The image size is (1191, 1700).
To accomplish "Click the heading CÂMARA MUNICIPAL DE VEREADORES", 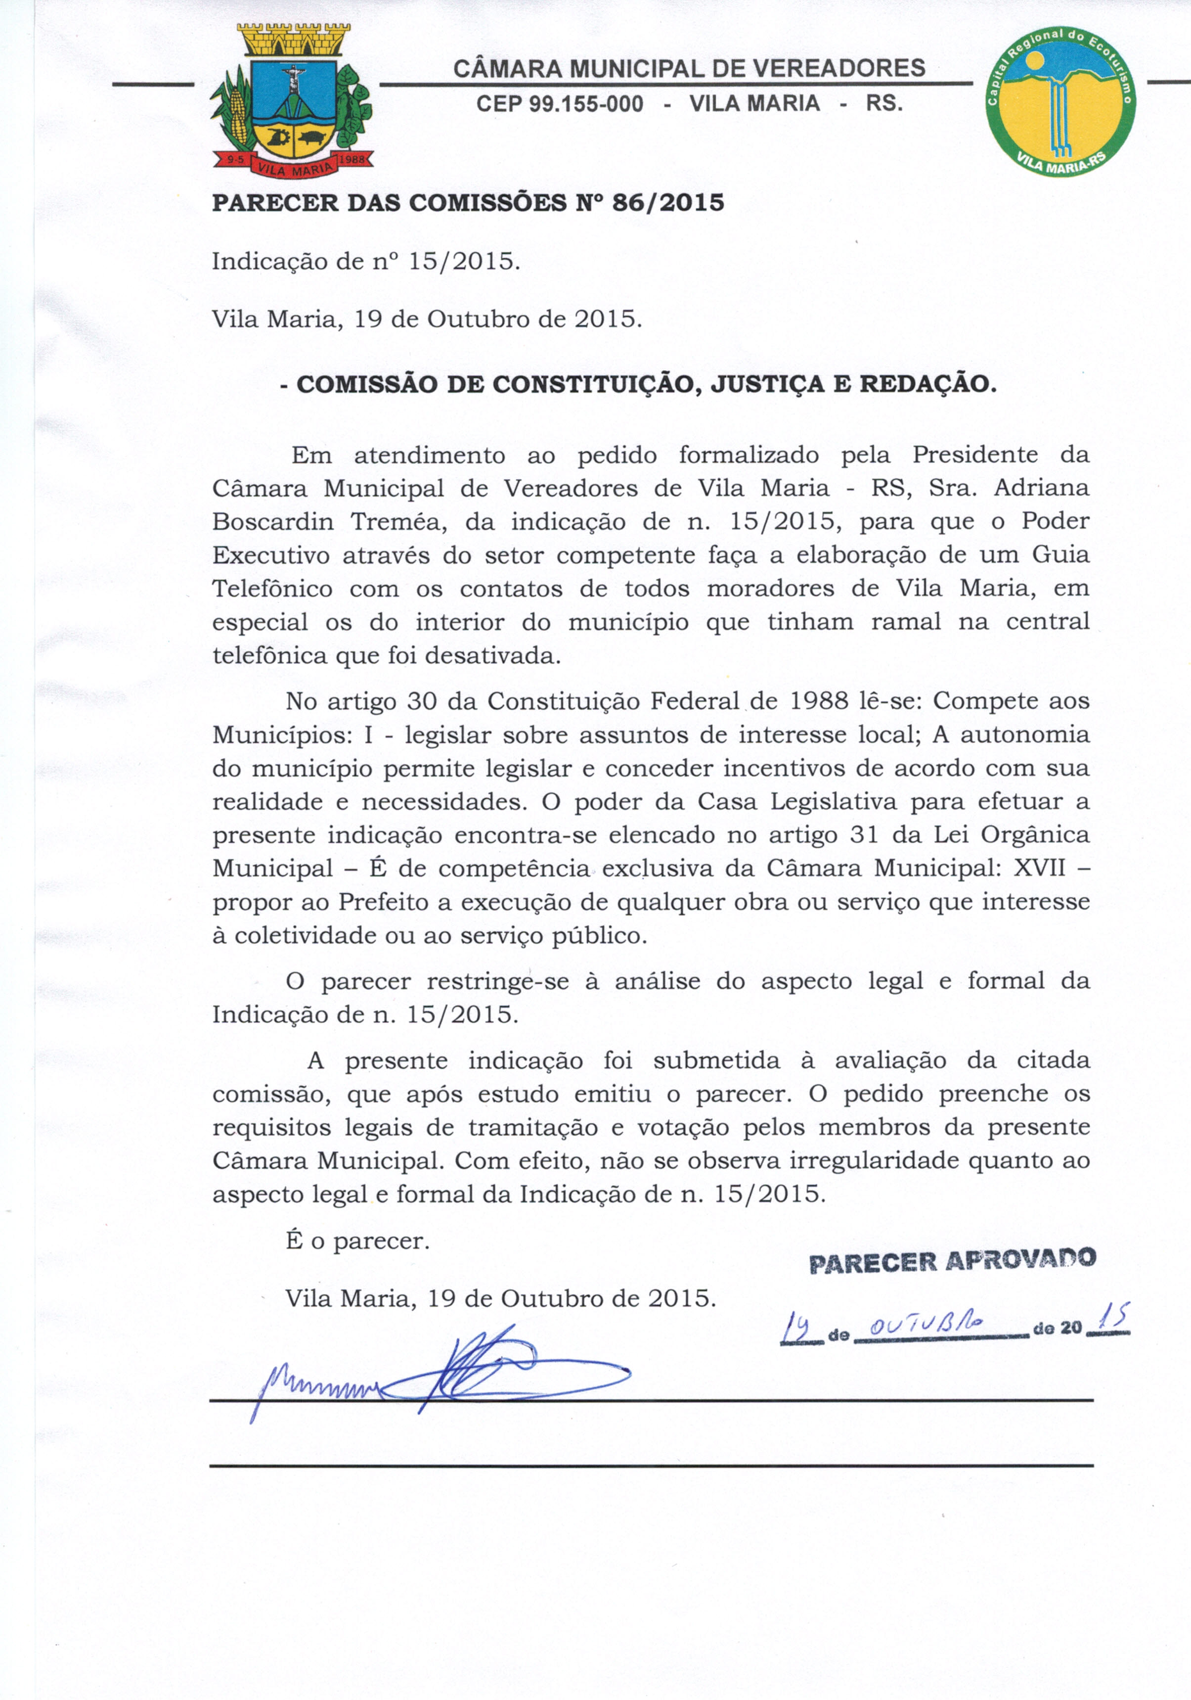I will [688, 69].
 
